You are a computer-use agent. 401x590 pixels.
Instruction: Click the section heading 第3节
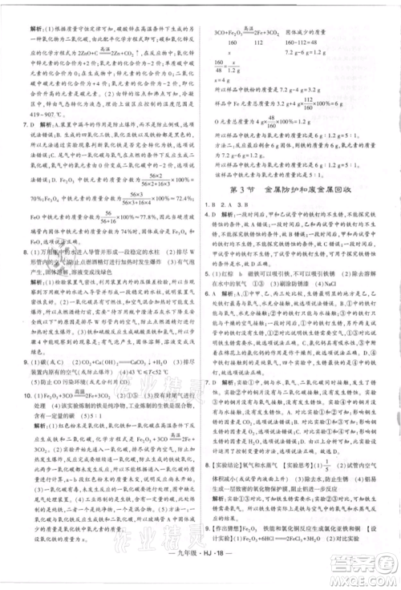256,211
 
